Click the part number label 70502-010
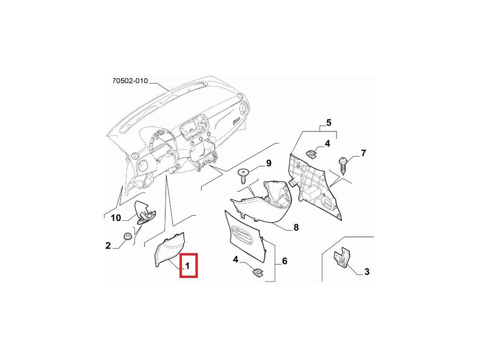point(130,81)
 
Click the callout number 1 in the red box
point(187,266)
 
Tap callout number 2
point(108,246)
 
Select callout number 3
point(367,271)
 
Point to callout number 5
point(329,123)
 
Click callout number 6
point(284,261)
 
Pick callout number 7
point(363,153)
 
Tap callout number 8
point(296,228)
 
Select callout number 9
point(269,163)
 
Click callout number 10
point(116,218)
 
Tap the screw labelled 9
point(244,176)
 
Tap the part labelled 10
point(144,211)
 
